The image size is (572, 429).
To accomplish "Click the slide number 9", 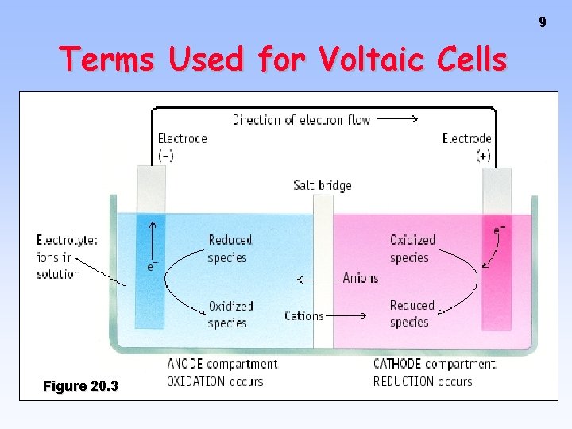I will click(x=543, y=22).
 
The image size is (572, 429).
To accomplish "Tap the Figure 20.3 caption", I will click(x=80, y=386).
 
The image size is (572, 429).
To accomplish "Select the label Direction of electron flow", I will click(x=301, y=120).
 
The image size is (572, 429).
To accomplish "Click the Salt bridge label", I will click(x=322, y=185).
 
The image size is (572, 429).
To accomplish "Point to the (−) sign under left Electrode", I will click(x=166, y=156).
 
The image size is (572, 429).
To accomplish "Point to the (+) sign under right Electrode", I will click(x=483, y=156).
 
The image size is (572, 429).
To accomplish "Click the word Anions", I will click(x=361, y=278).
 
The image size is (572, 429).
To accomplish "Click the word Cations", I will click(x=304, y=315).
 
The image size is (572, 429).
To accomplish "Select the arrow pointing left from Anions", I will click(x=317, y=279).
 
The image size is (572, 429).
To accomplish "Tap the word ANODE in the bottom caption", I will click(x=187, y=365).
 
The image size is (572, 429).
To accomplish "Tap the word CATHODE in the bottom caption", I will click(x=397, y=365).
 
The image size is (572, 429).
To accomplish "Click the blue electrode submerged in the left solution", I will click(x=150, y=270).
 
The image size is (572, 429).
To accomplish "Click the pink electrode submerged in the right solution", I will click(x=497, y=270).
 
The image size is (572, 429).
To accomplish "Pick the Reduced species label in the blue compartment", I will click(x=229, y=249).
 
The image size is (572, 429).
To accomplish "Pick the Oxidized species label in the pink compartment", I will click(x=412, y=249).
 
